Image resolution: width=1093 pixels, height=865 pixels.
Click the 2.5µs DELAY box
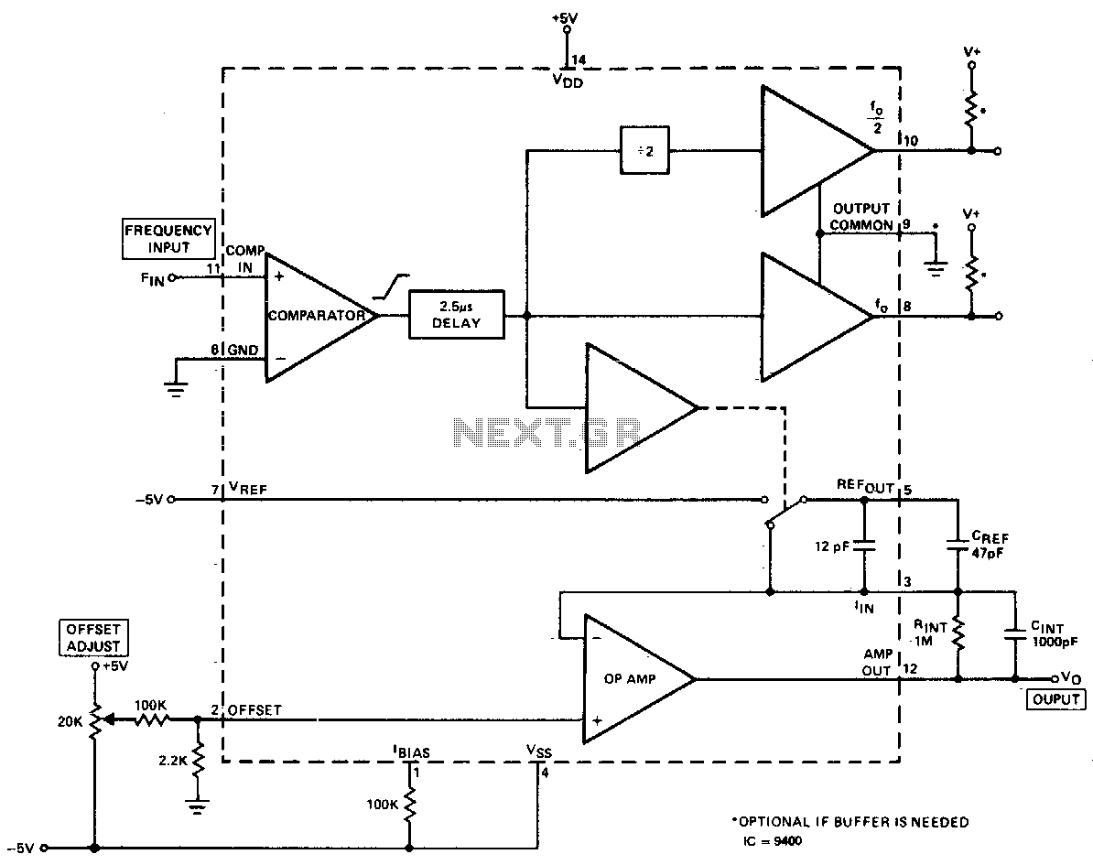(x=456, y=314)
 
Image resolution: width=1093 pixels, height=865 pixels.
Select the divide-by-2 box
(x=644, y=150)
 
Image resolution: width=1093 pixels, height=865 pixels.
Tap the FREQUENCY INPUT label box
(x=168, y=239)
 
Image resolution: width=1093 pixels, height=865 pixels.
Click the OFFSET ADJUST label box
(x=93, y=638)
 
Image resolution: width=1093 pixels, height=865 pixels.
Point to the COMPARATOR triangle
(x=321, y=317)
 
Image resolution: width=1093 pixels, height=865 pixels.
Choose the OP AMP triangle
(x=639, y=678)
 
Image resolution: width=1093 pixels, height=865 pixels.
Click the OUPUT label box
(x=1056, y=699)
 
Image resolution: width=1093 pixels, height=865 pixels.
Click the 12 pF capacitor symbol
(x=863, y=546)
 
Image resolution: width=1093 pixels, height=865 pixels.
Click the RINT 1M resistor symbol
(x=958, y=635)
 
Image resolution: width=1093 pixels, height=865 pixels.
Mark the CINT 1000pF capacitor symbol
(x=1015, y=634)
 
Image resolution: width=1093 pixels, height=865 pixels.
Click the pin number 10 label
(x=910, y=140)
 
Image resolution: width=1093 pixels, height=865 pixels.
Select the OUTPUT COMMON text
(x=861, y=217)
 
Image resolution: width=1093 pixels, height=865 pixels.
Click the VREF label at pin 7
(x=247, y=490)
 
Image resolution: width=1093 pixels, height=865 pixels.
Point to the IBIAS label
(x=411, y=752)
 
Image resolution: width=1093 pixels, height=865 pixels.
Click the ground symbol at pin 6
(x=176, y=387)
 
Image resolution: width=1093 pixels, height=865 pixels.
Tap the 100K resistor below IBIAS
(x=409, y=806)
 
